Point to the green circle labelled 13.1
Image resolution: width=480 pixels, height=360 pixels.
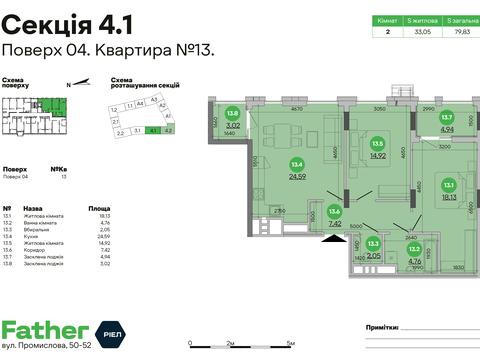449,185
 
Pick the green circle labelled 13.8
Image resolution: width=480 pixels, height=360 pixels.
233,115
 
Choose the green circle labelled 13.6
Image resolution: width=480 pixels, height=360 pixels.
335,211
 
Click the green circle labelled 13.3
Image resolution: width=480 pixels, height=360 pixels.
373,242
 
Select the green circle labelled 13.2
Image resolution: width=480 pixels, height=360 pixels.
413,249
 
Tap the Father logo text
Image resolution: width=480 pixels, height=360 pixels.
45,331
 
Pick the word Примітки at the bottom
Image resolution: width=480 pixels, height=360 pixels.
383,326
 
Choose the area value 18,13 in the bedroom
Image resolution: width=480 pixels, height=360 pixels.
449,197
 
